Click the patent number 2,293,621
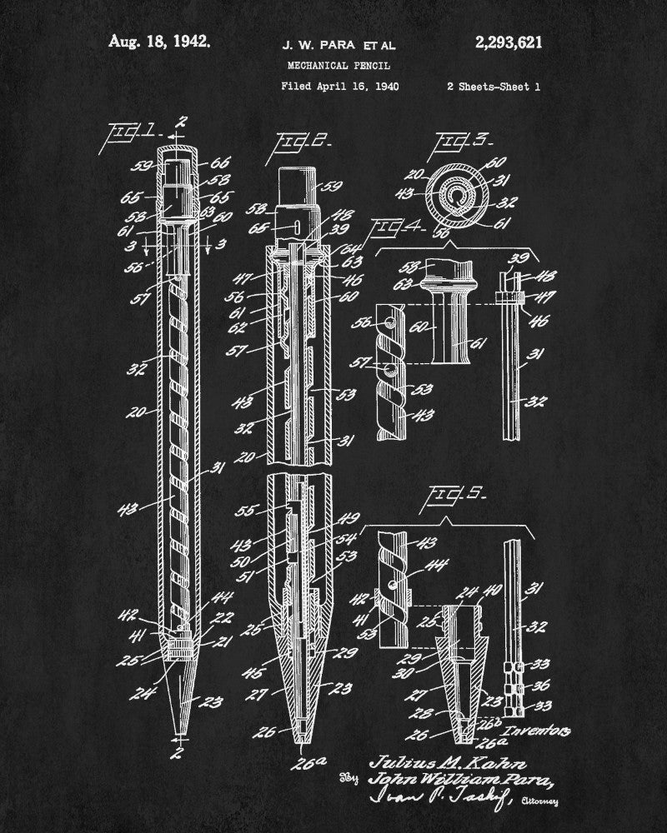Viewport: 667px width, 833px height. tap(506, 42)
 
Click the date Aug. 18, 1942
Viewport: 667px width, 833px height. tap(158, 42)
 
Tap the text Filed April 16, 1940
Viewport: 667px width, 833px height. tap(339, 85)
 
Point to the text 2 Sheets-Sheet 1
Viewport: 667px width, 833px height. tap(493, 85)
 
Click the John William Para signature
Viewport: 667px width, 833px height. tap(459, 781)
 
